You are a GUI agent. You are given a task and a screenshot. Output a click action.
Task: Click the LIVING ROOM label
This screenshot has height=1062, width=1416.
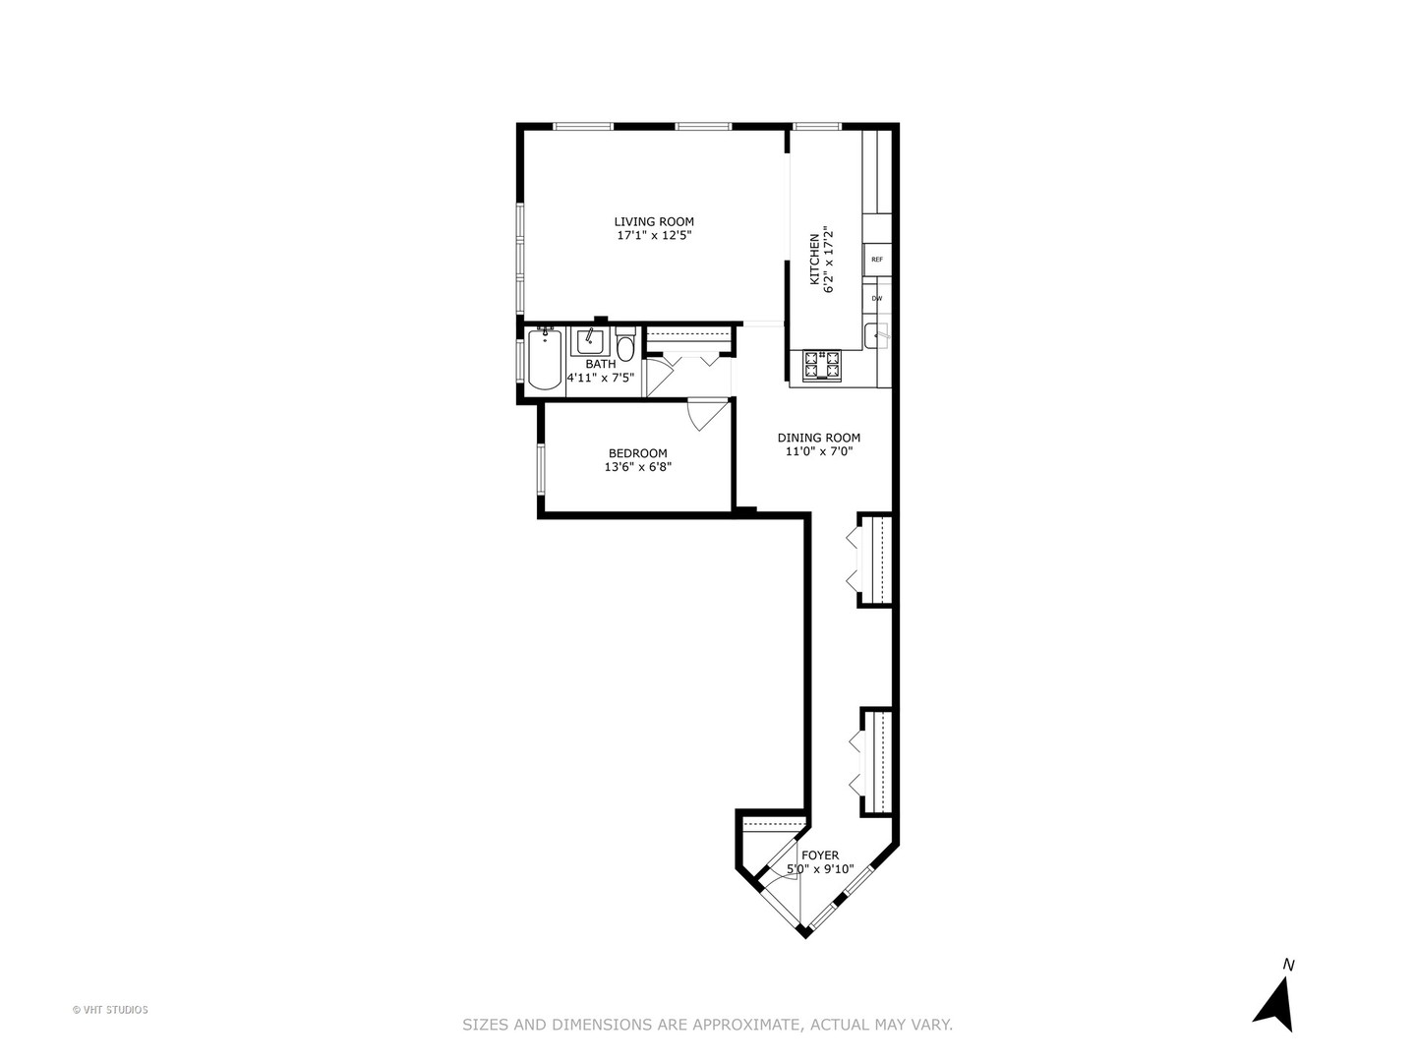point(654,222)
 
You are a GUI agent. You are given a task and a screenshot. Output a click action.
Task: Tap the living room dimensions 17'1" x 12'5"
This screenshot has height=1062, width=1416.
point(654,236)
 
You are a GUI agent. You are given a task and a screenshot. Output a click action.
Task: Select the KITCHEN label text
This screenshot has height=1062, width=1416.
point(814,259)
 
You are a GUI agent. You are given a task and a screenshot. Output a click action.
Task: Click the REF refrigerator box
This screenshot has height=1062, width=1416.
point(877,260)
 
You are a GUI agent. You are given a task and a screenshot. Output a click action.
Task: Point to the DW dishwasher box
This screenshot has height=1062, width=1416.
point(876,298)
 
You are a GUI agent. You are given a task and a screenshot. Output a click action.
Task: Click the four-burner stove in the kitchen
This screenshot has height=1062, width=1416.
point(822,366)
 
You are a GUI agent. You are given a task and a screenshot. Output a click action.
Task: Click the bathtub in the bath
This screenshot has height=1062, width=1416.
point(544,361)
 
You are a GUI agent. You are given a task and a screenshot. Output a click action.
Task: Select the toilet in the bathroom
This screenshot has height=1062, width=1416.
point(625,348)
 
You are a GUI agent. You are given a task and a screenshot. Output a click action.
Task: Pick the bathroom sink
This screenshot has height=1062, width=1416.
point(590,340)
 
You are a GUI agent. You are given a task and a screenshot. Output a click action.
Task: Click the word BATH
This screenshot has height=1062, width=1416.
point(600,364)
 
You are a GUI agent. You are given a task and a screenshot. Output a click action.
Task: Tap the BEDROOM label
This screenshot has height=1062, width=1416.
point(637,453)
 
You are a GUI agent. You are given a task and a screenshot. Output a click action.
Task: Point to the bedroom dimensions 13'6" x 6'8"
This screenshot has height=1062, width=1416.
point(637,467)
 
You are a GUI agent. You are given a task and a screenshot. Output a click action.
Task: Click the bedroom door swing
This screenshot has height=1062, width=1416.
point(704,414)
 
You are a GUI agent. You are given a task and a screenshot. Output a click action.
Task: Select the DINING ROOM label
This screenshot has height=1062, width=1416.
point(818,438)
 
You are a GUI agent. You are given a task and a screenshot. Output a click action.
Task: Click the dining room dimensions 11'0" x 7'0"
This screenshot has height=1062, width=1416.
point(818,451)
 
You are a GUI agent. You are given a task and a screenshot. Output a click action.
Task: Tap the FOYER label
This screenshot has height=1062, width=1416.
point(820,855)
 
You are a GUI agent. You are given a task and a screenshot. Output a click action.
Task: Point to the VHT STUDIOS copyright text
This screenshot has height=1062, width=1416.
point(110,1009)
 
